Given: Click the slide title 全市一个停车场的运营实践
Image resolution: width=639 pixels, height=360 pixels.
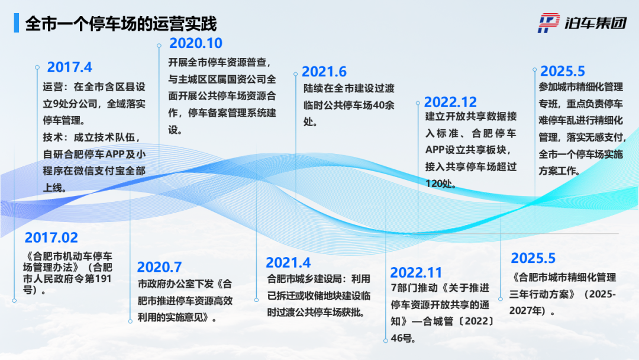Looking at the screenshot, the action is [x=121, y=24].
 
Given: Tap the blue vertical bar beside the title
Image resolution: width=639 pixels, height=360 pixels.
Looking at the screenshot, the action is [x=17, y=23].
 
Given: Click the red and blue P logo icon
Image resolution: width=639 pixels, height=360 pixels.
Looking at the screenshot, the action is [x=548, y=23].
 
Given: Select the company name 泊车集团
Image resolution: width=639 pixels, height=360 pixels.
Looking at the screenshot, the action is [x=595, y=23].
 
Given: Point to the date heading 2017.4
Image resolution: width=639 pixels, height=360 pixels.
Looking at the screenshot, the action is [x=70, y=67].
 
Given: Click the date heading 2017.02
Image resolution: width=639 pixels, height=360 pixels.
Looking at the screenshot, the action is [x=51, y=237].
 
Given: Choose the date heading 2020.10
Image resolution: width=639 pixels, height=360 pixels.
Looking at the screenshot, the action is [x=196, y=43].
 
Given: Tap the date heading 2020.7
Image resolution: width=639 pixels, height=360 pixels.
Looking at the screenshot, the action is [x=159, y=267].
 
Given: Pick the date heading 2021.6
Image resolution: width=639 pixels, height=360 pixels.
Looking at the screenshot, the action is [x=324, y=72].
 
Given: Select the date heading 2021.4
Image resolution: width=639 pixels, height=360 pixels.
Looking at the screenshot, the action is [x=288, y=262].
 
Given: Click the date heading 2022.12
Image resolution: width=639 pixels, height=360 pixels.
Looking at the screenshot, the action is [x=450, y=102].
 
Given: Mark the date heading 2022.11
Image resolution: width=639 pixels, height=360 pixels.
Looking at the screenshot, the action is [x=416, y=272].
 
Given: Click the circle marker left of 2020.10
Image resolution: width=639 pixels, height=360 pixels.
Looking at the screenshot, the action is [x=159, y=46].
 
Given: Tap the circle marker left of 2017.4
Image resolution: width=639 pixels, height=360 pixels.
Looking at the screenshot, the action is [x=37, y=67].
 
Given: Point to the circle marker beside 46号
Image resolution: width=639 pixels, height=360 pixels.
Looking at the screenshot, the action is [x=386, y=341].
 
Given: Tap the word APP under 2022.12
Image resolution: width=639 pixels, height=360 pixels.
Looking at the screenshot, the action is [x=435, y=150].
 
